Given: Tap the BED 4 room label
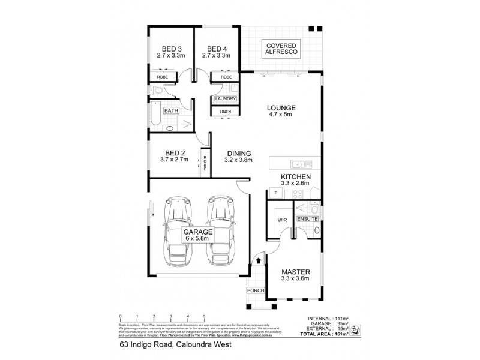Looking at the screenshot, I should pyautogui.click(x=217, y=52).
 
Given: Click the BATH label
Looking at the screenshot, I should pyautogui.click(x=172, y=110).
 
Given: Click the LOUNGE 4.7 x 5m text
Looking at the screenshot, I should pyautogui.click(x=281, y=112).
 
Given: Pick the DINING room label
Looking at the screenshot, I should pyautogui.click(x=239, y=156).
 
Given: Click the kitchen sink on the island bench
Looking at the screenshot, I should pyautogui.click(x=298, y=163).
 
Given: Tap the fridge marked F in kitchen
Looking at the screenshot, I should pyautogui.click(x=275, y=193).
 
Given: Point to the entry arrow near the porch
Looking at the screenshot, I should pyautogui.click(x=258, y=260).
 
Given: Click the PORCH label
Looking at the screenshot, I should pyautogui.click(x=255, y=291).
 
